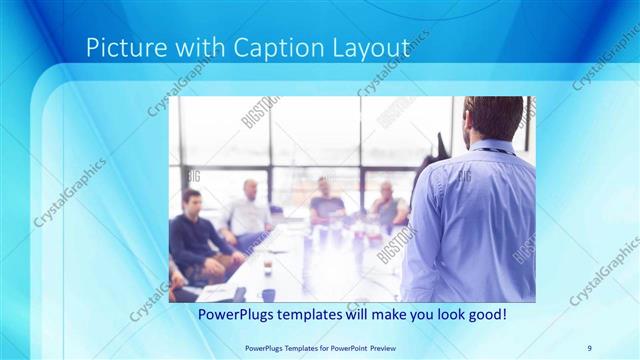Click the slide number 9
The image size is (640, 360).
[x=589, y=347]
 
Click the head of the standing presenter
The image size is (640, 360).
[x=493, y=117]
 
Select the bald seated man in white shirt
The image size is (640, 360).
[x=246, y=210]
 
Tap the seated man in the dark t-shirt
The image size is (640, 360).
[x=325, y=202]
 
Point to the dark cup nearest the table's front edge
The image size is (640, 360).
[x=268, y=294]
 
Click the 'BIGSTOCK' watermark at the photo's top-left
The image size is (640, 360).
[x=258, y=112]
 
